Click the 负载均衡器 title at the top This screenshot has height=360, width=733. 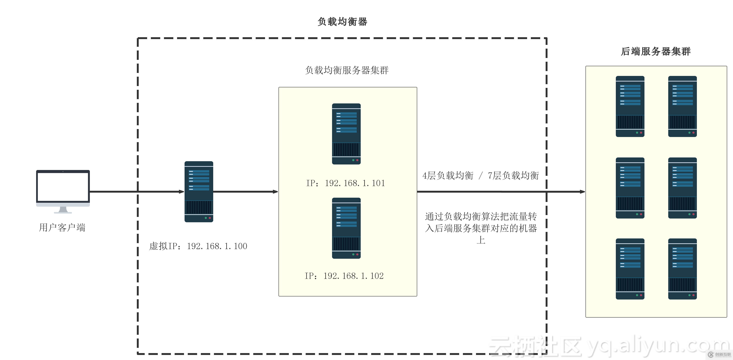(x=342, y=22)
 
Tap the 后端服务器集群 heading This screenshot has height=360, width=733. (x=656, y=51)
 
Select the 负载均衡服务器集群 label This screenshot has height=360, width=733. (x=347, y=70)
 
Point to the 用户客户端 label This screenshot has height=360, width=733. (x=62, y=227)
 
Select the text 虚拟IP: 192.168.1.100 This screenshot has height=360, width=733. (x=198, y=246)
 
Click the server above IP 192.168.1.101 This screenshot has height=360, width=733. (x=346, y=134)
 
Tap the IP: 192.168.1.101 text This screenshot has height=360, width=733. (x=346, y=183)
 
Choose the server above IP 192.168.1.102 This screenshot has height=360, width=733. (x=346, y=228)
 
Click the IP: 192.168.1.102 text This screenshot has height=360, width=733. (x=344, y=276)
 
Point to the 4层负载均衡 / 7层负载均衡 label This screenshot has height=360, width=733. (x=480, y=175)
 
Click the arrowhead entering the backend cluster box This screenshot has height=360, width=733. (x=582, y=192)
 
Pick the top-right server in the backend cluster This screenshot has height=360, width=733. (x=682, y=106)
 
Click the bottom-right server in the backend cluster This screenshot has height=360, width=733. (x=682, y=269)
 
